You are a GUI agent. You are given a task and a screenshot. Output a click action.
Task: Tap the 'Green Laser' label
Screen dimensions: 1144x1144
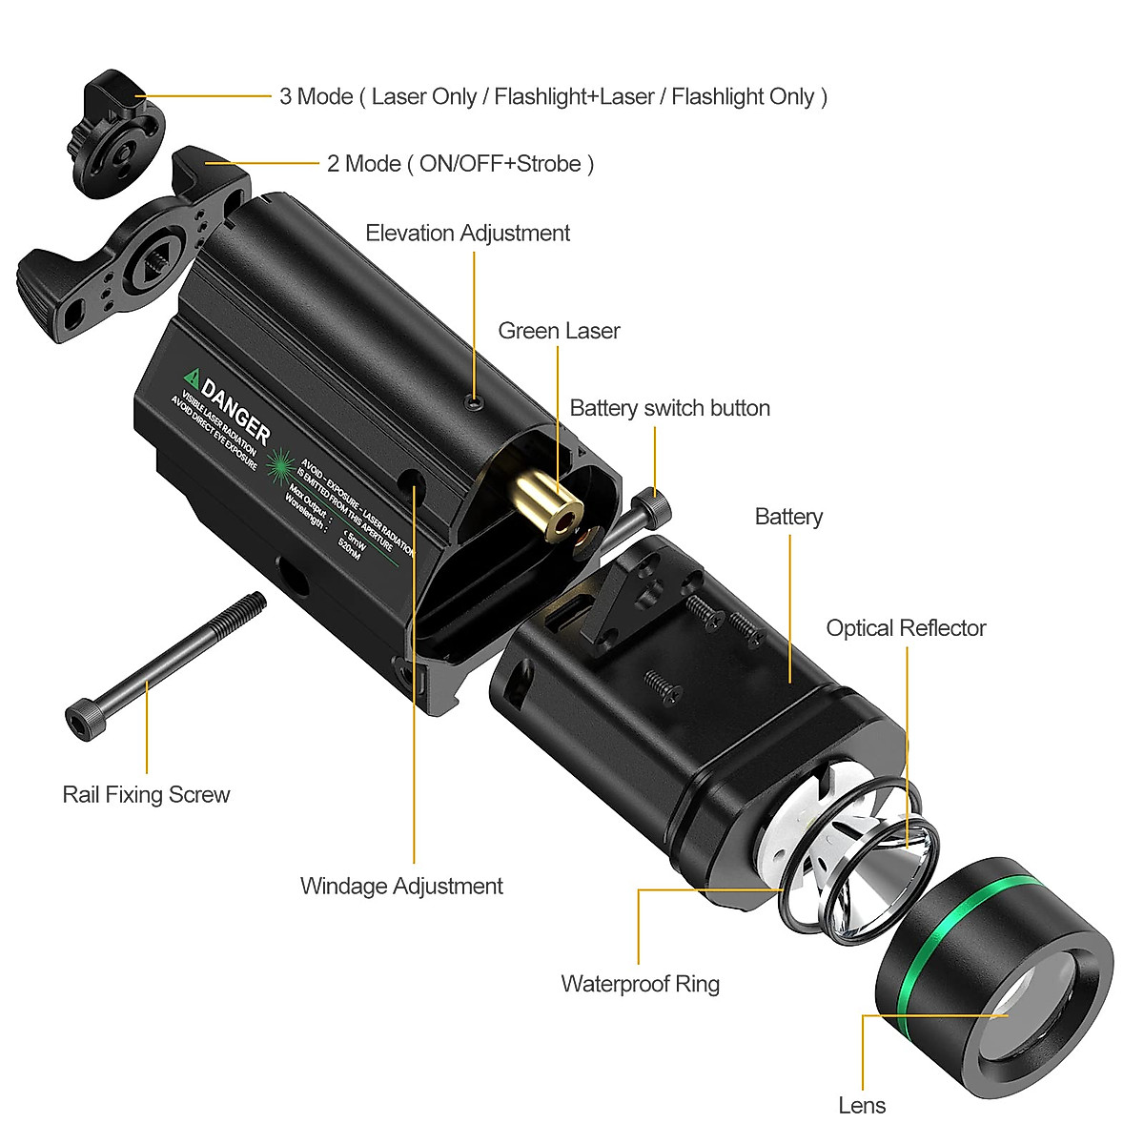[x=559, y=331]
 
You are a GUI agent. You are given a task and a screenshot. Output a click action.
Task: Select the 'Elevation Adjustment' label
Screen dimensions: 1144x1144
[x=467, y=234]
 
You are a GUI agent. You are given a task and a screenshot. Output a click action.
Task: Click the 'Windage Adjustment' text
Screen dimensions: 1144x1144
[x=401, y=886]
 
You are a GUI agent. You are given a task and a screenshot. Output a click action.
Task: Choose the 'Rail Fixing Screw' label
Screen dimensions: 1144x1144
[x=146, y=794]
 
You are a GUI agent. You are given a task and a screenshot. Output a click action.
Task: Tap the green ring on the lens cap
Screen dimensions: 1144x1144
[x=953, y=939]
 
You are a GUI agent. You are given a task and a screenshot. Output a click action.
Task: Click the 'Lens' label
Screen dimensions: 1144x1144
[x=862, y=1105]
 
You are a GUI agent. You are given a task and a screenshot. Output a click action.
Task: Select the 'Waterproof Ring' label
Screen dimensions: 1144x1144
[x=640, y=984]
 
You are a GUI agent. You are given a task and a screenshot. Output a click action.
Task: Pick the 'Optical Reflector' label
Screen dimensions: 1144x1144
[x=906, y=628]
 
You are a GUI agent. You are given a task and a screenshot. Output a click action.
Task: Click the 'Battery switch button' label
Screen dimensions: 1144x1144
[x=669, y=408]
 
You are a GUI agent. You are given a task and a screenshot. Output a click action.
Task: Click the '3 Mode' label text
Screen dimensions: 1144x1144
[x=553, y=96]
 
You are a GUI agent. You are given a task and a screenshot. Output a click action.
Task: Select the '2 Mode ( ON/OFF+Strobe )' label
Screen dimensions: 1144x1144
[x=460, y=164]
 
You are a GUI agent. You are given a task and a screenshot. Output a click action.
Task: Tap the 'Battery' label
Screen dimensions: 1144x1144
[x=788, y=517]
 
